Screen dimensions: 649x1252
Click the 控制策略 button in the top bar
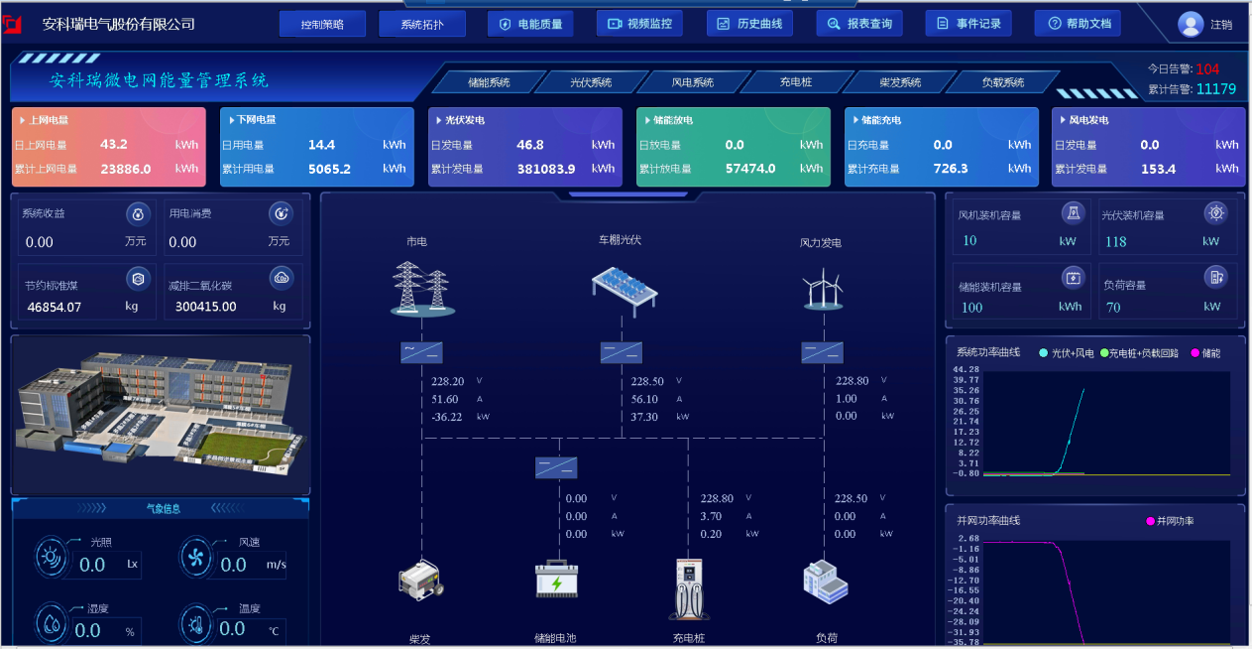click(x=322, y=24)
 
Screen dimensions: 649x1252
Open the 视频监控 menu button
click(x=639, y=24)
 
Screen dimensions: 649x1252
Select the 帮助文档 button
click(x=1078, y=24)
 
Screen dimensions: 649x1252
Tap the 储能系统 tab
click(x=488, y=82)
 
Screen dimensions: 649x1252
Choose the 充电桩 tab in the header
click(x=795, y=82)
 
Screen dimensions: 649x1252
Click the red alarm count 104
click(x=1207, y=69)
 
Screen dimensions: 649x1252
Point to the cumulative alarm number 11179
click(x=1215, y=89)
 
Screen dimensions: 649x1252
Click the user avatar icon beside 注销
click(x=1191, y=24)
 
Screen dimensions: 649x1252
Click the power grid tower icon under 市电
click(x=421, y=289)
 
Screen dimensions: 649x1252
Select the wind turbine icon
click(x=822, y=290)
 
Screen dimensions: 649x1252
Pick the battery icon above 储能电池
click(x=556, y=580)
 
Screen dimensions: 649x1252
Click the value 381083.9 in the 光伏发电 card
click(x=545, y=169)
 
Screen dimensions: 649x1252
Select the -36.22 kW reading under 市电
click(x=447, y=417)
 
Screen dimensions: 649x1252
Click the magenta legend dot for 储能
click(x=1195, y=353)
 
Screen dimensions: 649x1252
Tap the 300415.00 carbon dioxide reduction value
click(x=206, y=307)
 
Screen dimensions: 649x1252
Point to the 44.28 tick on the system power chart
click(x=966, y=369)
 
